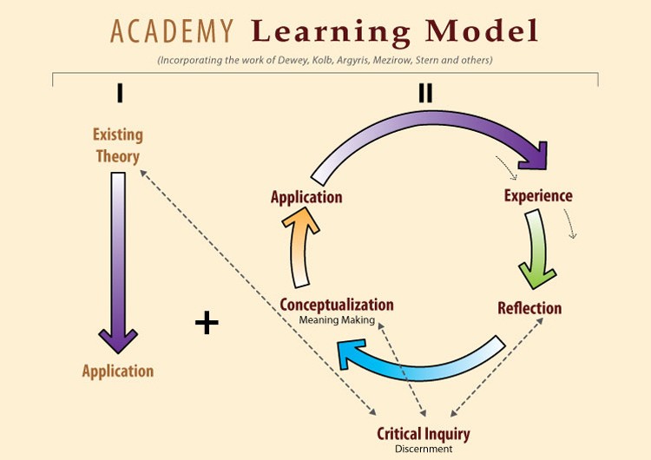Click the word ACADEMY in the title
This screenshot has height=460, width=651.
click(172, 31)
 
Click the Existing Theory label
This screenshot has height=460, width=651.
click(118, 146)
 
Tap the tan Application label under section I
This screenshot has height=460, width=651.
click(118, 371)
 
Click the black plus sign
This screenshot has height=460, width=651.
click(207, 324)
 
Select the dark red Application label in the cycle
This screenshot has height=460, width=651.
click(306, 198)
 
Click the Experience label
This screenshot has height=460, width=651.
click(538, 196)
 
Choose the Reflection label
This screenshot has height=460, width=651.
click(529, 308)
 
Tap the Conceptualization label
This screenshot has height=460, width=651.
click(337, 306)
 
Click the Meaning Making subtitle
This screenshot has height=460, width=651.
click(337, 320)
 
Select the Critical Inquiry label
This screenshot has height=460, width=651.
click(424, 433)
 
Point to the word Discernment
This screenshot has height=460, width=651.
click(424, 450)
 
